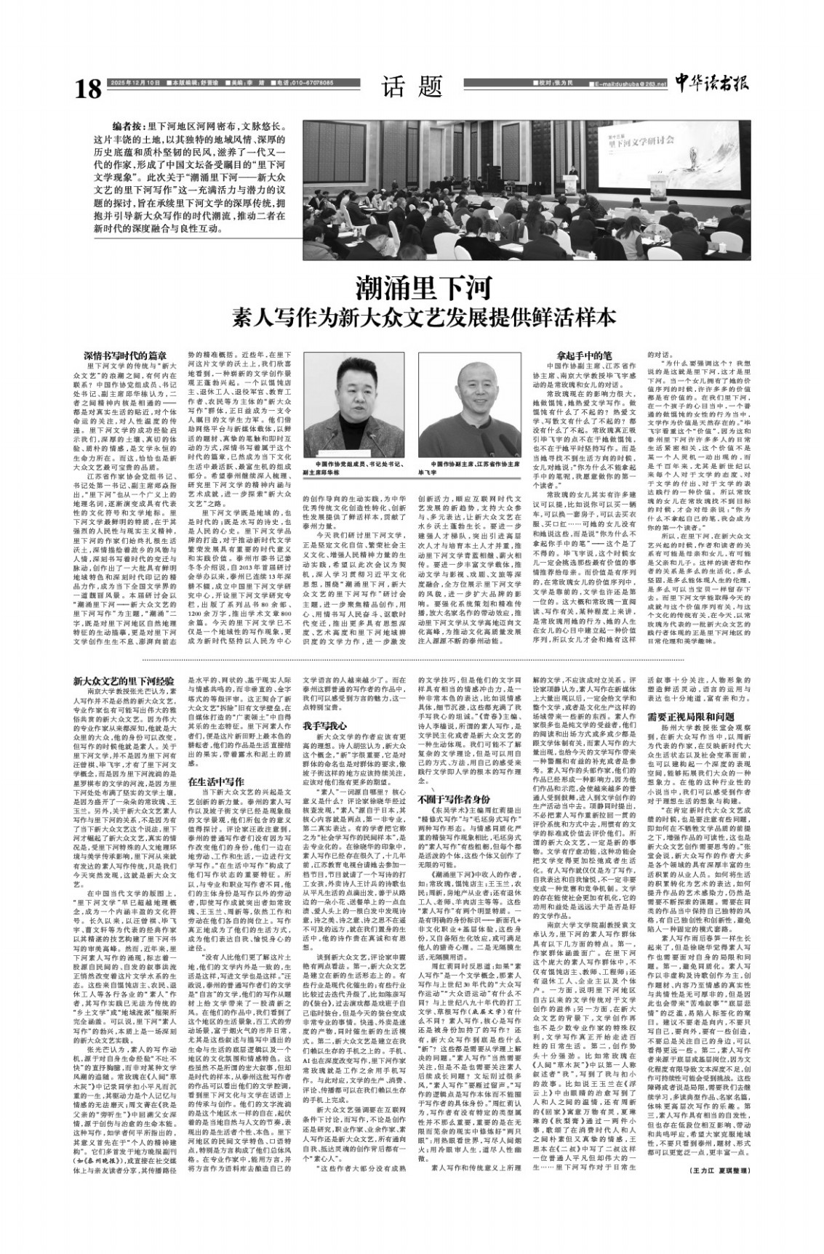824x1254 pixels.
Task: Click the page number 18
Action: [89, 89]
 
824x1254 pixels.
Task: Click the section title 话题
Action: [412, 87]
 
